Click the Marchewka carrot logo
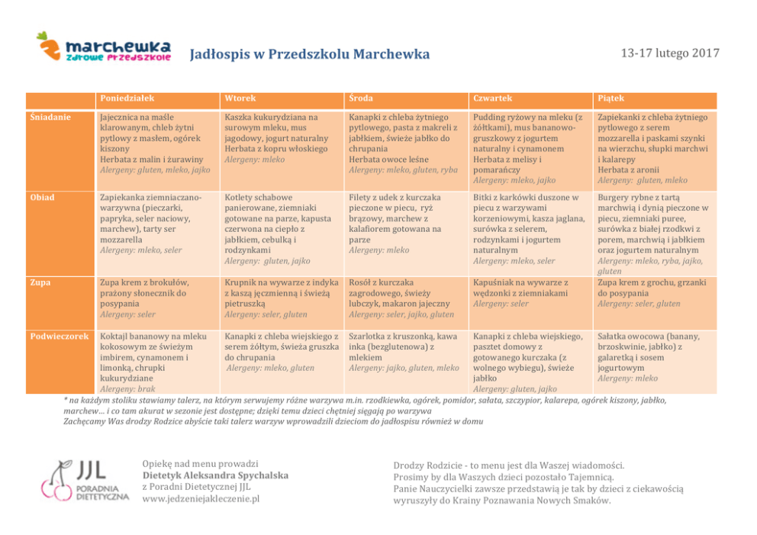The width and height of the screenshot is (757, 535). [x=105, y=47]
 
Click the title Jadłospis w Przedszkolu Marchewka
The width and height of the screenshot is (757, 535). [x=309, y=54]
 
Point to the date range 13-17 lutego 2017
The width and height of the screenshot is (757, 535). [x=669, y=53]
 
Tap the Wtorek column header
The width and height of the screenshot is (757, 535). [x=240, y=98]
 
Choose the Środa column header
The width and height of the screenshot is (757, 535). [x=361, y=98]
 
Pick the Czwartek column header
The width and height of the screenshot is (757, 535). [x=492, y=98]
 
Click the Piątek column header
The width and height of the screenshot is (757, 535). [x=611, y=98]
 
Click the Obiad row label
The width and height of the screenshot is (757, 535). [x=42, y=197]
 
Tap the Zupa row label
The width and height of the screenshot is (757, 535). [x=40, y=282]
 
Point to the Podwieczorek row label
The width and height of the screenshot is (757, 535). [x=60, y=336]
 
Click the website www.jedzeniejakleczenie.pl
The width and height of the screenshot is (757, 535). [x=201, y=498]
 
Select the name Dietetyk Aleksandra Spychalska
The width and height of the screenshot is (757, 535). [x=215, y=475]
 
